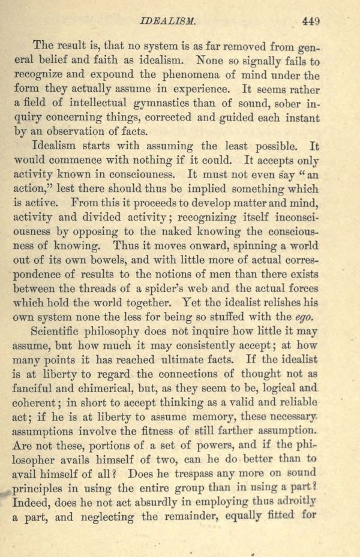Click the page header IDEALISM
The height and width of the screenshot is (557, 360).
point(169,20)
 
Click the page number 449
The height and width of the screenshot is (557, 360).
point(311,20)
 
